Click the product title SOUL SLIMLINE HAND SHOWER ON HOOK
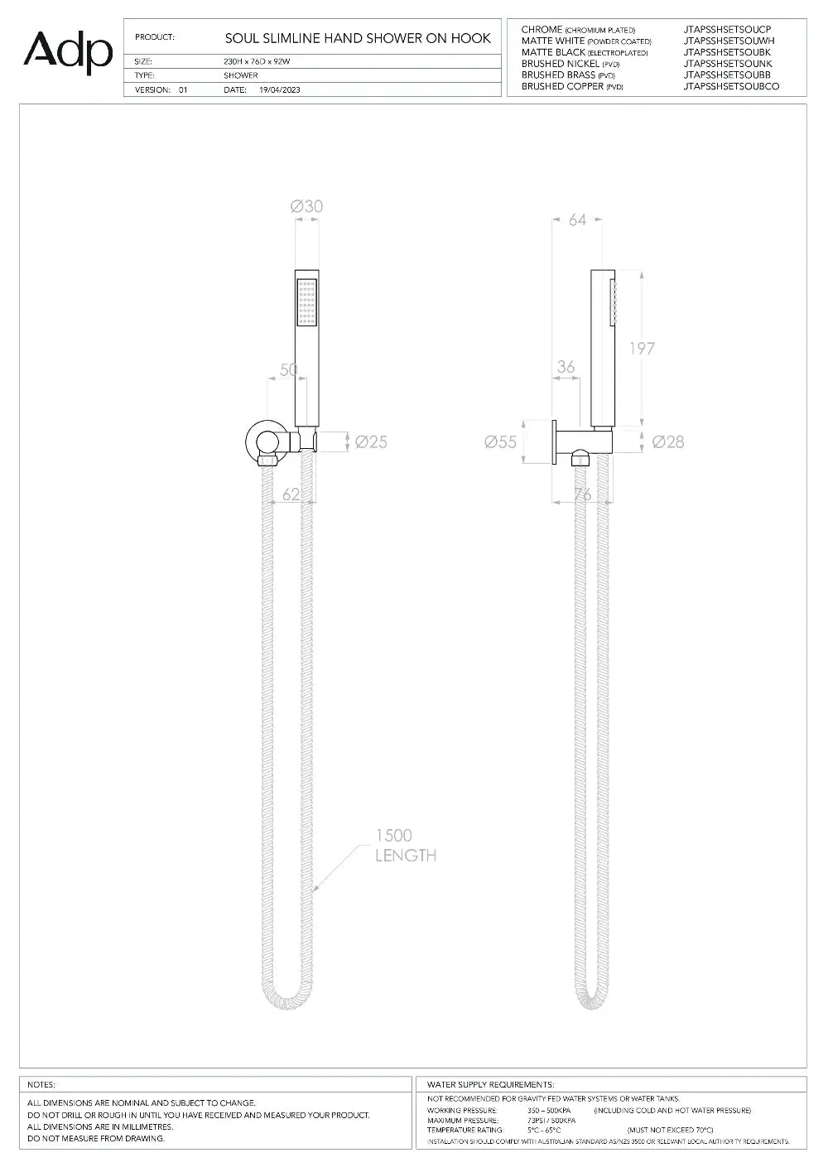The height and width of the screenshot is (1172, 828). coord(358,38)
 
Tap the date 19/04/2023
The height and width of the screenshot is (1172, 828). coord(280,89)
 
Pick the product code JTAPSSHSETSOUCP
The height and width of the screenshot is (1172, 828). coord(727,30)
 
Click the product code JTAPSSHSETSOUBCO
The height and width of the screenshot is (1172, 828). coord(731,86)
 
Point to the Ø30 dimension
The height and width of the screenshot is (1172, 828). coord(306,206)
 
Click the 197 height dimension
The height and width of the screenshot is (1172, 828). coord(642,348)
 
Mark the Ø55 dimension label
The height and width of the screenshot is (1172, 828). coord(500,442)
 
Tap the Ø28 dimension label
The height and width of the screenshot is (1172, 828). coord(668,442)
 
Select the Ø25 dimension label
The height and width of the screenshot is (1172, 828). coord(371,442)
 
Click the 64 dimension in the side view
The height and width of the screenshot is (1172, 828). coord(577,219)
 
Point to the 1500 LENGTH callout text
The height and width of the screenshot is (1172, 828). coord(405,846)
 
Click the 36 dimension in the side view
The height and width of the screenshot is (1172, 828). coord(566,367)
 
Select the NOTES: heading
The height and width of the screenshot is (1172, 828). coord(41,1084)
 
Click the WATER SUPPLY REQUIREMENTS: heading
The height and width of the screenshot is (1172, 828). coord(490,1084)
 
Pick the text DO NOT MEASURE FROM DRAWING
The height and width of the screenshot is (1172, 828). coord(96,1138)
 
